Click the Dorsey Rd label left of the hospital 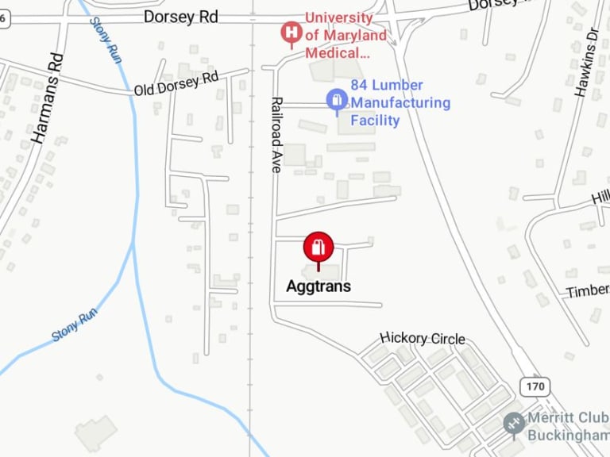click(181, 17)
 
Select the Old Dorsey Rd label click(176, 83)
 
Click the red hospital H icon click(291, 33)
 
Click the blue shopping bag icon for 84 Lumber click(337, 100)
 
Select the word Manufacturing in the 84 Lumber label click(400, 103)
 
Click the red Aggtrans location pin click(318, 248)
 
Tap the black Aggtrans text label click(318, 286)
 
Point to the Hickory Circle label click(423, 339)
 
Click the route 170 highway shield click(535, 386)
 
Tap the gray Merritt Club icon click(513, 422)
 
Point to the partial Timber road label click(588, 291)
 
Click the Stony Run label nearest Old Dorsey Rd click(105, 41)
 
